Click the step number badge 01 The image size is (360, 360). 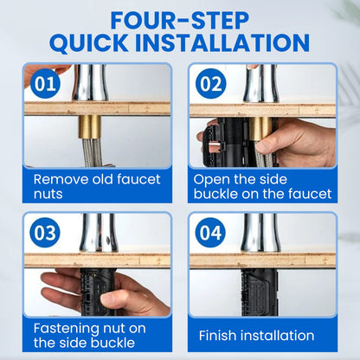click(x=45, y=84)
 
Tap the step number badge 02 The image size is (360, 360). click(x=210, y=84)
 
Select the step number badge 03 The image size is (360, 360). click(x=45, y=233)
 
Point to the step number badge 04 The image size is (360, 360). click(x=210, y=233)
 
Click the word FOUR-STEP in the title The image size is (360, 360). click(x=179, y=21)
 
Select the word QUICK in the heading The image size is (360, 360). click(x=89, y=43)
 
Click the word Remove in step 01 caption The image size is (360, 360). click(x=61, y=179)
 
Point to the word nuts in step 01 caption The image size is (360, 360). click(x=48, y=194)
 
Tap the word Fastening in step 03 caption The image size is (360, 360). click(x=65, y=329)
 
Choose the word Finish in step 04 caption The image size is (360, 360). click(x=217, y=336)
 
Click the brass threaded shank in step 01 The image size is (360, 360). click(x=90, y=127)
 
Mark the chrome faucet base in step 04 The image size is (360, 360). click(x=260, y=233)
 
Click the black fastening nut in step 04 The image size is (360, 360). click(x=260, y=292)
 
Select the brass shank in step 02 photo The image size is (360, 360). click(x=260, y=129)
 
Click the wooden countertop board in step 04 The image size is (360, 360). click(x=262, y=260)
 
